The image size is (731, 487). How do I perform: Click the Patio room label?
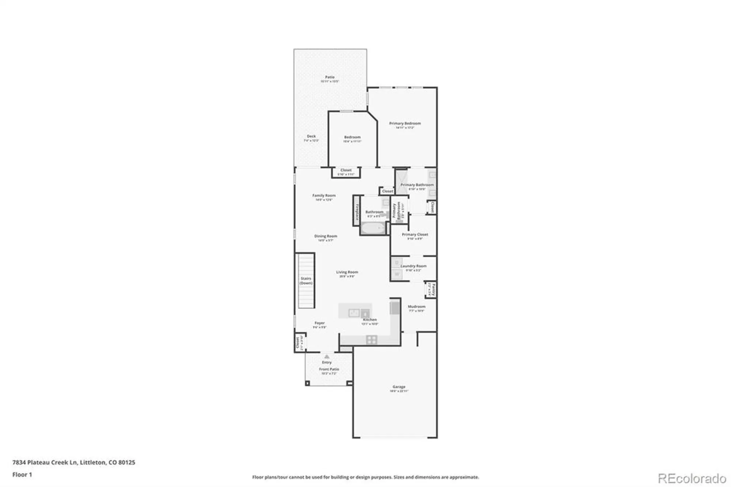pos(330,77)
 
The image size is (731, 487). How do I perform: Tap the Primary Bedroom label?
pos(405,124)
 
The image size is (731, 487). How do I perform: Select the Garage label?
pos(399,386)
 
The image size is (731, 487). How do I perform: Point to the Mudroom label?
pos(416,307)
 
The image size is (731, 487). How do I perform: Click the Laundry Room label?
pos(413,266)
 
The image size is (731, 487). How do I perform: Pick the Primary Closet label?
pos(415,234)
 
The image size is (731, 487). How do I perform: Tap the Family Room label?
pos(324,196)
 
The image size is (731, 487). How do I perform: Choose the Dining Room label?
pos(326,236)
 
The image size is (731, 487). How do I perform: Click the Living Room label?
pos(347,272)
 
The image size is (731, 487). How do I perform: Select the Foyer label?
pos(319,323)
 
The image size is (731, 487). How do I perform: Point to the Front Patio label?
pos(329,369)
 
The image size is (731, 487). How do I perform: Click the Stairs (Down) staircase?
pos(306,280)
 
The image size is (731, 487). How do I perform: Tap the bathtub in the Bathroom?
pos(373,229)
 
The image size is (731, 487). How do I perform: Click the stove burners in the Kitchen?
pos(371,340)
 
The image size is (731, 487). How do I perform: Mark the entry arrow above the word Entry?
pos(327,356)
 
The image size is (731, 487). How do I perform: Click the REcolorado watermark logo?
pos(692,478)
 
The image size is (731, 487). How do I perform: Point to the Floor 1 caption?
pos(22,475)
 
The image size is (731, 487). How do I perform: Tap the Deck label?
pos(311,136)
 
